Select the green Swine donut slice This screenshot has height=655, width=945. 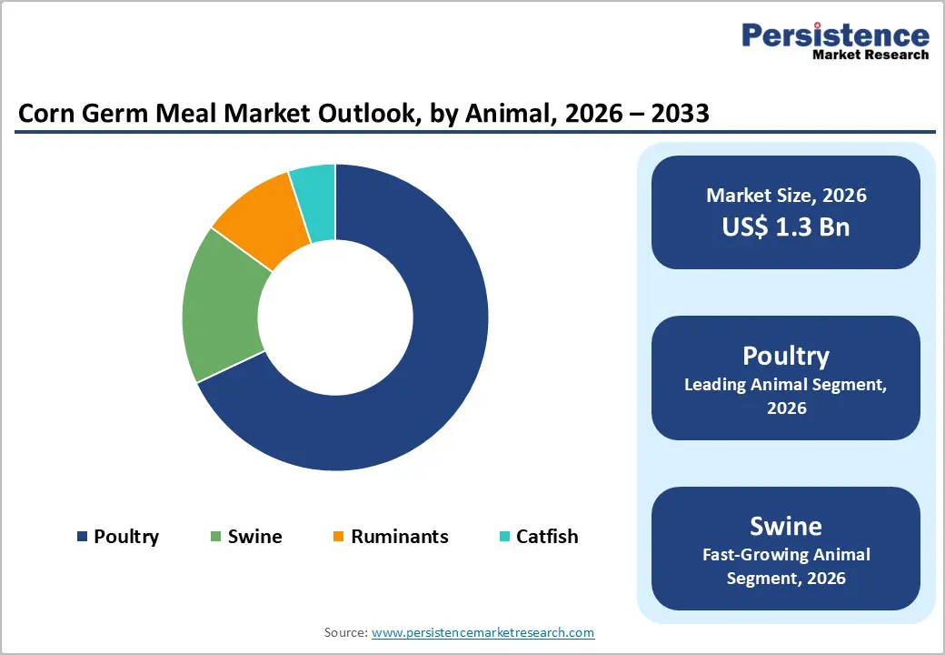(x=223, y=305)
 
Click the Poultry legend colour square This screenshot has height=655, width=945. (x=84, y=537)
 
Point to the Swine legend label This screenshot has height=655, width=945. (x=254, y=537)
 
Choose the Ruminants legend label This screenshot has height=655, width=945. (x=400, y=537)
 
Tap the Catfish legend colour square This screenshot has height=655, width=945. (x=506, y=537)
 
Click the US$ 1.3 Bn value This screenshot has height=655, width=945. (x=786, y=227)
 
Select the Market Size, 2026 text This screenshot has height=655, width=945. (x=786, y=195)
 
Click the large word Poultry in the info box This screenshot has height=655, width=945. (x=786, y=355)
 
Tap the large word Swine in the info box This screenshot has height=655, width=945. (x=786, y=526)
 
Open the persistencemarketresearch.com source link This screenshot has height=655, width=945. (x=483, y=632)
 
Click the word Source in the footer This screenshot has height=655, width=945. (x=345, y=632)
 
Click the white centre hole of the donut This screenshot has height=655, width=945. (x=335, y=317)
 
